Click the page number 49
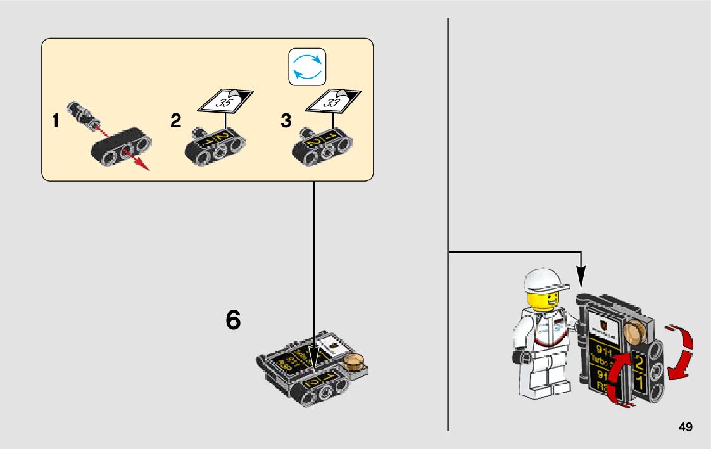click(685, 427)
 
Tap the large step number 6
click(233, 321)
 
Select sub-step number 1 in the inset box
click(56, 121)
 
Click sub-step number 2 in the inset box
click(175, 121)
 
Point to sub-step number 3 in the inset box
click(286, 121)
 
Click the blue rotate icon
click(307, 66)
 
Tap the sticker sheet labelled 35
click(225, 99)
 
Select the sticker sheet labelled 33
click(334, 99)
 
